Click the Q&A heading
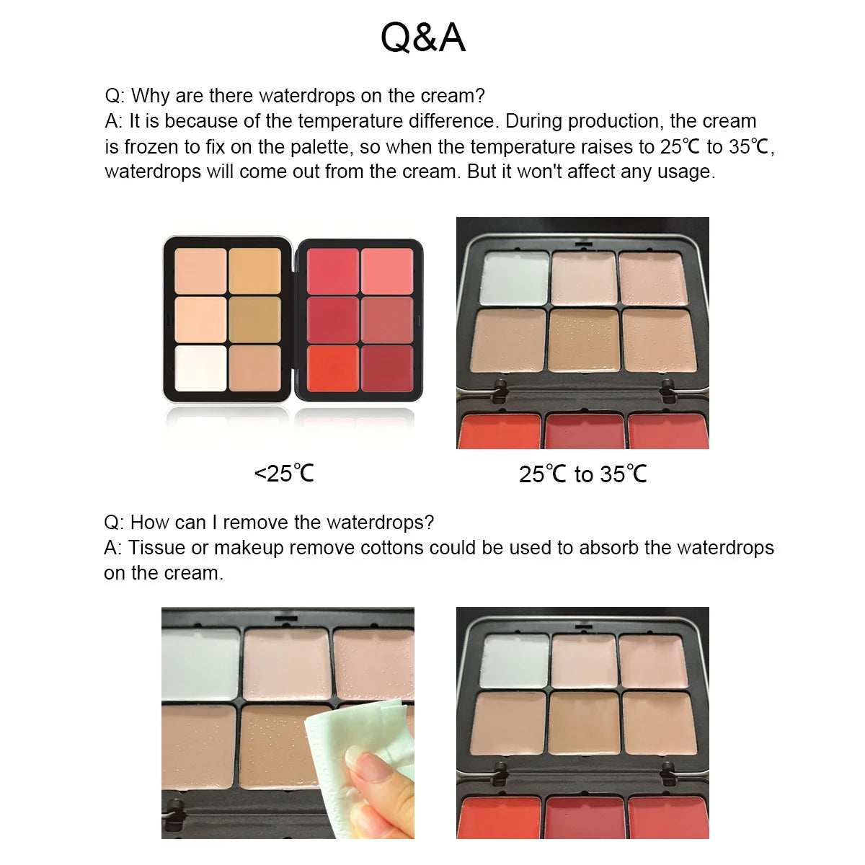423,37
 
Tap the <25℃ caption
285,474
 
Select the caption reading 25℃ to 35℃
582,474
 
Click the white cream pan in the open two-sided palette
200,368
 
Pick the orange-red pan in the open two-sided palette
333,368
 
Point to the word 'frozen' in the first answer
153,146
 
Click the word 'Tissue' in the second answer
156,548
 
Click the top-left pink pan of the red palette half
333,270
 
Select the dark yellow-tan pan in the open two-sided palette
254,319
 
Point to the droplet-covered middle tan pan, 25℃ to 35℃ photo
582,340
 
